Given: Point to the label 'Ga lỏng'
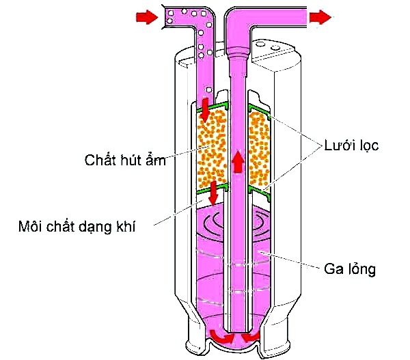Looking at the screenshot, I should pyautogui.click(x=351, y=268).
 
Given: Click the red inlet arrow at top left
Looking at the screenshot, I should pyautogui.click(x=146, y=18).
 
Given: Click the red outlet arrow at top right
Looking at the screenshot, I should pyautogui.click(x=319, y=18).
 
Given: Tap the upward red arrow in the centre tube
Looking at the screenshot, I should pyautogui.click(x=238, y=162).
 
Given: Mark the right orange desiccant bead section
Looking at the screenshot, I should pyautogui.click(x=260, y=148).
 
